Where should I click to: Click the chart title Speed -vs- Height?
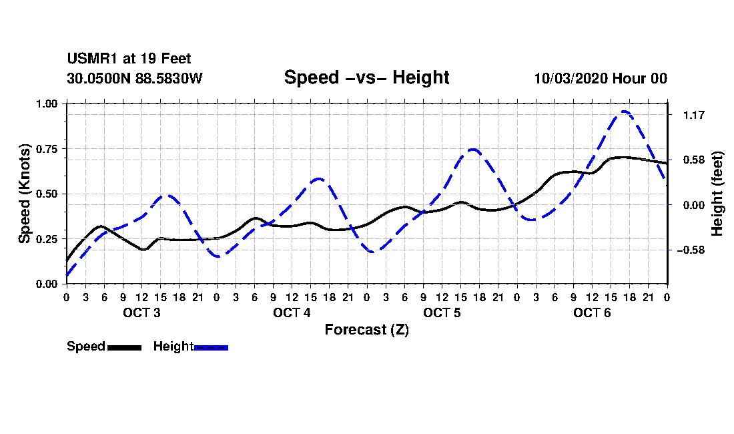[366, 77]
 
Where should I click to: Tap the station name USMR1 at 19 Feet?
[129, 59]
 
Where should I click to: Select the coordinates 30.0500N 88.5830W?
[134, 78]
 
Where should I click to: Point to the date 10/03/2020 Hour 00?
[601, 78]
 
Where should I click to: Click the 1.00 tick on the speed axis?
[46, 103]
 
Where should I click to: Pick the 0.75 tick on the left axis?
[46, 149]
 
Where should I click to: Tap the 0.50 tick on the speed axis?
[46, 194]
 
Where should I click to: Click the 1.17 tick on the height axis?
[694, 115]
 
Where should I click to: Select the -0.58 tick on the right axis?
[691, 250]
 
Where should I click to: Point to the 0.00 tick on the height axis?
[694, 205]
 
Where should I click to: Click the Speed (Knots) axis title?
[24, 194]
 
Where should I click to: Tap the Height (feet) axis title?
[717, 194]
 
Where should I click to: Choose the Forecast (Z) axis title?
[366, 330]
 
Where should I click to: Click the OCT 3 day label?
[141, 312]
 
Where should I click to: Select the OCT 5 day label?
[442, 312]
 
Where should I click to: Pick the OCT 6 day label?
[592, 312]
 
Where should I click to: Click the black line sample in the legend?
[125, 347]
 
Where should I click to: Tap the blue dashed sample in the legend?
[211, 347]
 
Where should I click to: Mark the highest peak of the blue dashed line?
[624, 112]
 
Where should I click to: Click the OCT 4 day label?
[292, 312]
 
